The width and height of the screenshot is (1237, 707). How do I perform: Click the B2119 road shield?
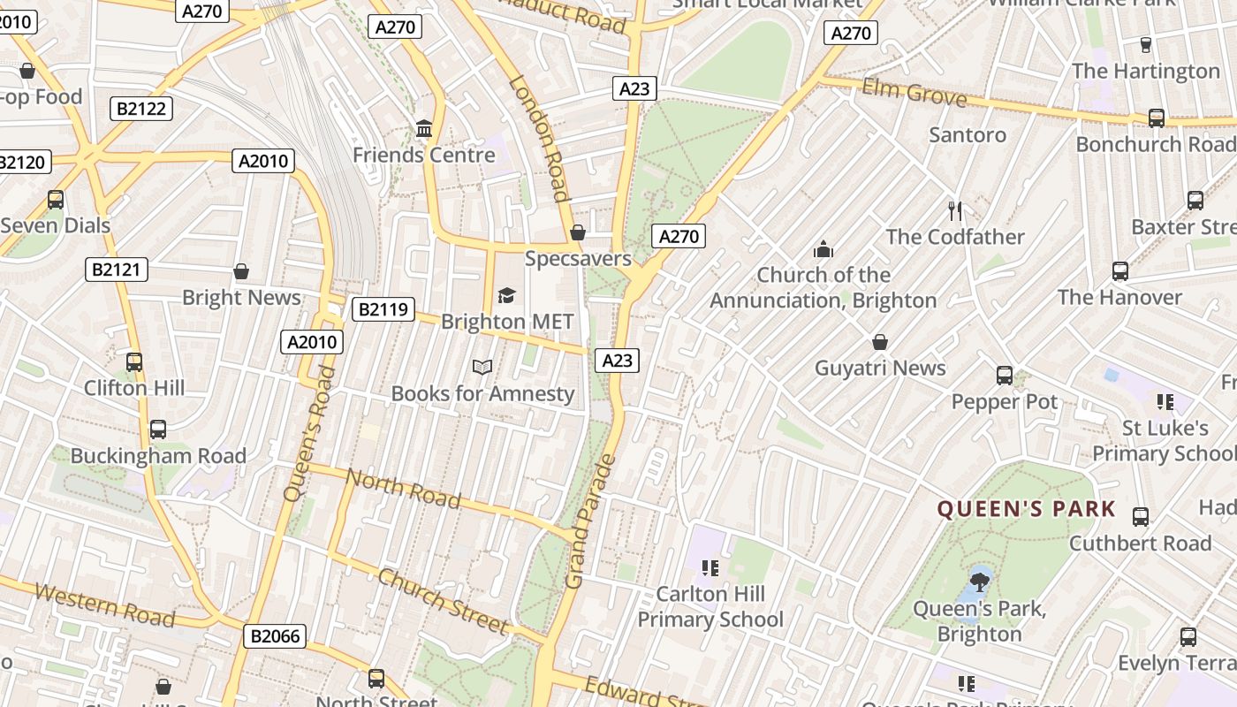tap(383, 309)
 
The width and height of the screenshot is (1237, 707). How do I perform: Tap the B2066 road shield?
tap(275, 635)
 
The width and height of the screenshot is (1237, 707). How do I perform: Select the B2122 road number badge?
tap(141, 109)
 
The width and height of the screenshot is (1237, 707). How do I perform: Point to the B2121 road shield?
tap(117, 270)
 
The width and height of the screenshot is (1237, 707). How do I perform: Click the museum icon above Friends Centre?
tap(424, 130)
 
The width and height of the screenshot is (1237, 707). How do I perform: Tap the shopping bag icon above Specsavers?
tap(578, 232)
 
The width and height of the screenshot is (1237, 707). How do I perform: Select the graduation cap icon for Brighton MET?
tap(506, 295)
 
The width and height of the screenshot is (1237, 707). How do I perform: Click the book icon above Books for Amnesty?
tap(482, 367)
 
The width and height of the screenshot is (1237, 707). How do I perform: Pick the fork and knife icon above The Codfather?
tap(954, 210)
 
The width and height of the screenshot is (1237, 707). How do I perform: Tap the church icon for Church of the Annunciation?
tap(823, 249)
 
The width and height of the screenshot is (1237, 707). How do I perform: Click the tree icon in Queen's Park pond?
tap(979, 582)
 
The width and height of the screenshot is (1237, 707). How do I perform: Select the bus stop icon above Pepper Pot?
tap(1005, 376)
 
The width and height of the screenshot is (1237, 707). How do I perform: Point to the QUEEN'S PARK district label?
tap(1027, 509)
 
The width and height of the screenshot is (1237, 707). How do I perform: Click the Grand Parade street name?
tap(589, 521)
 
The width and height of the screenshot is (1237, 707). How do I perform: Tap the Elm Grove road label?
tap(914, 92)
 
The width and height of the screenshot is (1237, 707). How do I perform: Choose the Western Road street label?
tap(104, 604)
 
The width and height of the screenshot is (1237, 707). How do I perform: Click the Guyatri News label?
tap(880, 368)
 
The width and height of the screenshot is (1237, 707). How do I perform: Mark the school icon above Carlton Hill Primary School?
tap(710, 567)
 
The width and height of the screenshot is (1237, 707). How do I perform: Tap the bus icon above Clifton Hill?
tap(134, 362)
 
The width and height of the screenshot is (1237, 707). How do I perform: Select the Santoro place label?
tap(968, 134)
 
